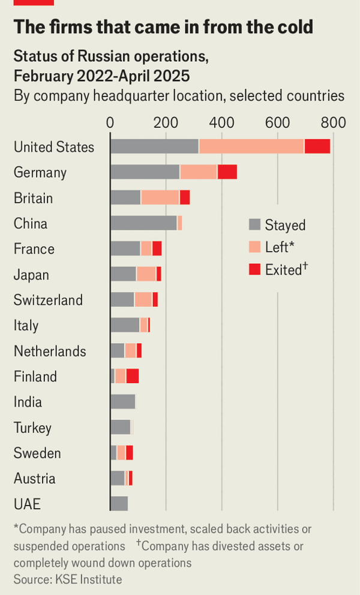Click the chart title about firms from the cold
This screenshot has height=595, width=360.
click(163, 27)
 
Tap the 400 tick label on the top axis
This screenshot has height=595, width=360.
click(221, 122)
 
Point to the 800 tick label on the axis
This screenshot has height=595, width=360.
click(333, 122)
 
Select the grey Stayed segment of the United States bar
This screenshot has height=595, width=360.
click(154, 146)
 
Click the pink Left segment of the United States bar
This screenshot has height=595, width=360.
click(251, 146)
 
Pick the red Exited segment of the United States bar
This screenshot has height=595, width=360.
click(317, 146)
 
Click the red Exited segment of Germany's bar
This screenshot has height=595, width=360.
click(227, 172)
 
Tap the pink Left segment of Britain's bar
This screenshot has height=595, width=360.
click(160, 197)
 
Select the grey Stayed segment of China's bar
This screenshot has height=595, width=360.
click(143, 223)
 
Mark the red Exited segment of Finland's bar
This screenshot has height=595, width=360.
click(133, 376)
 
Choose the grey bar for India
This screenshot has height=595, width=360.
click(123, 402)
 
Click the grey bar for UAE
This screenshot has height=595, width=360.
click(119, 504)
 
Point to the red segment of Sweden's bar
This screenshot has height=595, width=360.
click(129, 453)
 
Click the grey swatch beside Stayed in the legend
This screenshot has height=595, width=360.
click(254, 225)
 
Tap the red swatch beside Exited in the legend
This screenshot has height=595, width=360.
click(254, 270)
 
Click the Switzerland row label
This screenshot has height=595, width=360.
click(48, 300)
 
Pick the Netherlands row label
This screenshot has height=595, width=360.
click(50, 351)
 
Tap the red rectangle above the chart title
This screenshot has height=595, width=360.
click(34, 2)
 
